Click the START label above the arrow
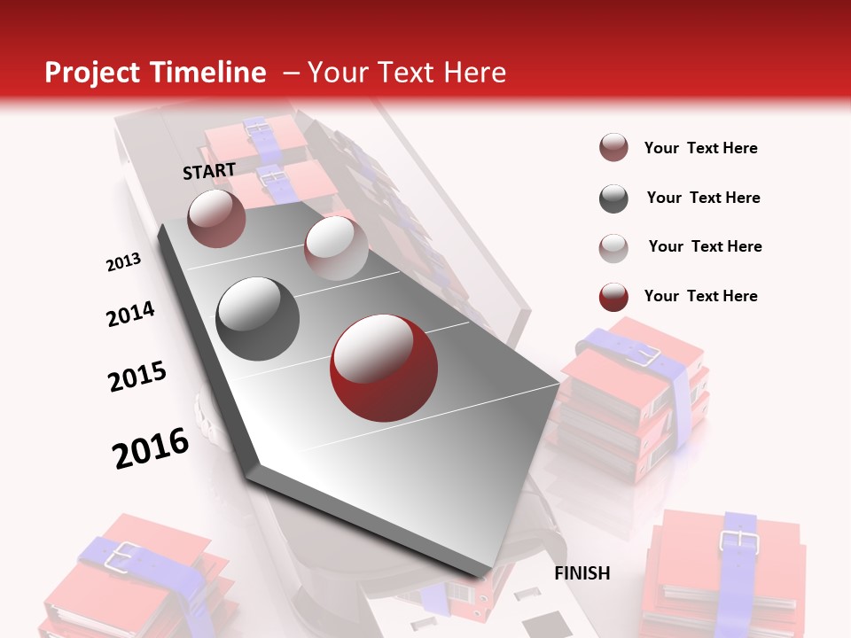coord(209,171)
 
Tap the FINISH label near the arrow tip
coord(582,573)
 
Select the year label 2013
coord(123,261)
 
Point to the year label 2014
coord(130,314)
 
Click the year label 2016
coord(151,447)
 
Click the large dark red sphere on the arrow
coord(384,369)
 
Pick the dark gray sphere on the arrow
coord(258,319)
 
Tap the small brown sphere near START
coord(216,218)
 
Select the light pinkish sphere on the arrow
coord(335,248)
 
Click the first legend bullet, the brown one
coord(613,148)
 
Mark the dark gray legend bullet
coord(613,198)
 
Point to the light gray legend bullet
coord(613,247)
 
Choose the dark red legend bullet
coord(613,297)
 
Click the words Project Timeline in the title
coord(155,73)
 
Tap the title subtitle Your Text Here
coord(406,73)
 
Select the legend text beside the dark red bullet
coord(701,296)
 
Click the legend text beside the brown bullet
coord(701,148)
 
